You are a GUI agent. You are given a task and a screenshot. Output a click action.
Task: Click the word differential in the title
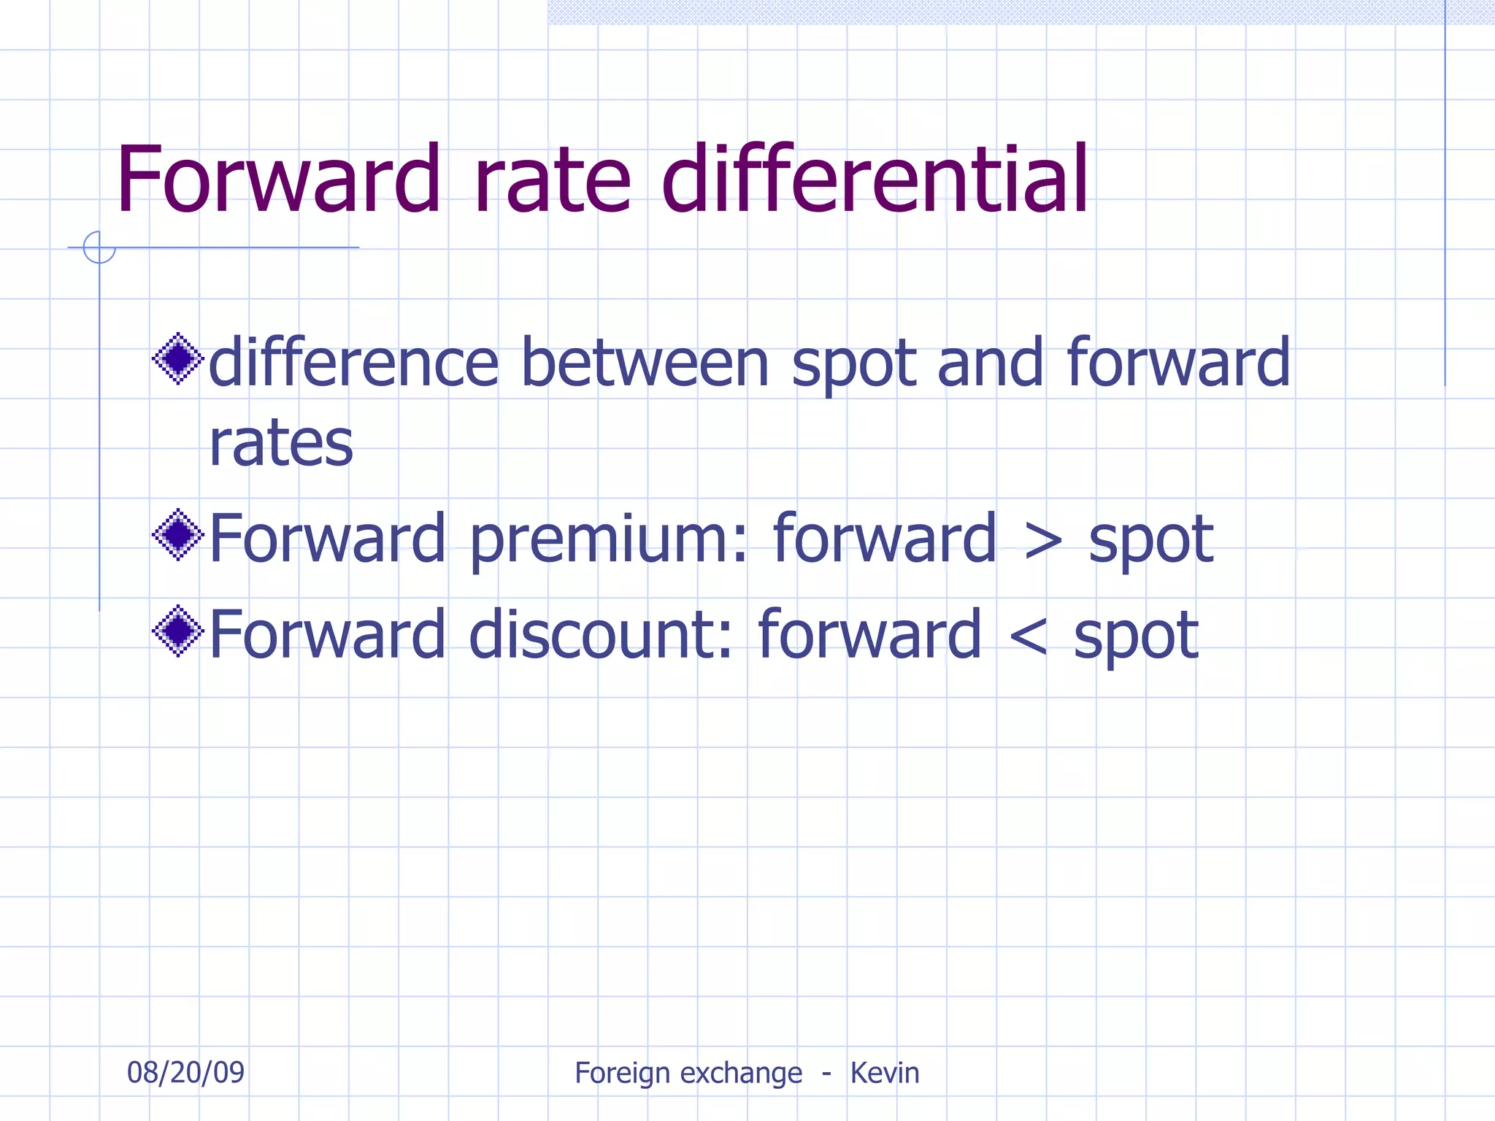pyautogui.click(x=874, y=179)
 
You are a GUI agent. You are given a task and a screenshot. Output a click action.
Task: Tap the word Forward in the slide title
pyautogui.click(x=278, y=180)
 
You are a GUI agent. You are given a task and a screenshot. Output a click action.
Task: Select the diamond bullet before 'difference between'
pyautogui.click(x=177, y=358)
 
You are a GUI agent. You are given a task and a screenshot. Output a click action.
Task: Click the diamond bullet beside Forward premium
pyautogui.click(x=177, y=535)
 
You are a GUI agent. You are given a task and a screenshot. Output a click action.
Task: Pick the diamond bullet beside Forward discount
pyautogui.click(x=177, y=631)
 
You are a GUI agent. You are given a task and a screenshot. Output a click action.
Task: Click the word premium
pyautogui.click(x=608, y=540)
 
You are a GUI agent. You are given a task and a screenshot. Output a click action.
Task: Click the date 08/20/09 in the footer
pyautogui.click(x=185, y=1072)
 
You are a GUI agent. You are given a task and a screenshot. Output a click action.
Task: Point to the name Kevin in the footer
pyautogui.click(x=884, y=1073)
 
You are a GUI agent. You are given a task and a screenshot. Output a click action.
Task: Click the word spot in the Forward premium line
pyautogui.click(x=1150, y=542)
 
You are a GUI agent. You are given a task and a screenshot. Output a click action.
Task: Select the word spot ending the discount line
pyautogui.click(x=1135, y=637)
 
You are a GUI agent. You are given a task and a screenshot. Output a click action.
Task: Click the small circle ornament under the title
pyautogui.click(x=99, y=247)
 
